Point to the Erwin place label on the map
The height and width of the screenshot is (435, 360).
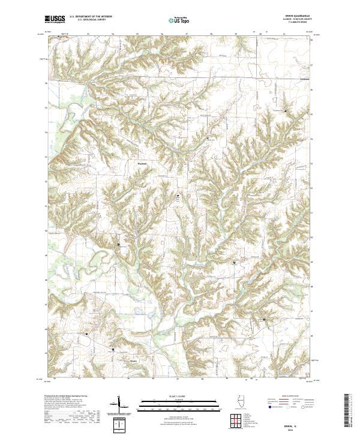click(x=133, y=361)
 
